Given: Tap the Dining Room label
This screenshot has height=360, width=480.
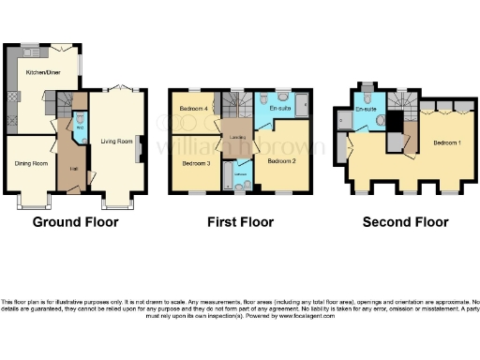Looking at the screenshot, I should click(x=30, y=163).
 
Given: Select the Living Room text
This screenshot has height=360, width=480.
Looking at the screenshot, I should click(x=116, y=142).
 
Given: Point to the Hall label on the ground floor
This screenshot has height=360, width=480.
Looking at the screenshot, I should click(x=72, y=169).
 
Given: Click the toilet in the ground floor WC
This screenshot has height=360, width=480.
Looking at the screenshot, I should click(x=79, y=119).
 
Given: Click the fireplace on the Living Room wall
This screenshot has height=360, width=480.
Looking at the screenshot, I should click(x=140, y=147).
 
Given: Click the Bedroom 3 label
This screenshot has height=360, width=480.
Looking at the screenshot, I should click(x=194, y=163).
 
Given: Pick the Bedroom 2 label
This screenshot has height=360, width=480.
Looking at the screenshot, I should click(x=281, y=161).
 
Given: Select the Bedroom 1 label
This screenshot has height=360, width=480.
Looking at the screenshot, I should click(x=445, y=142).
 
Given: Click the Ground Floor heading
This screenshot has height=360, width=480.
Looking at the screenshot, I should click(x=75, y=222).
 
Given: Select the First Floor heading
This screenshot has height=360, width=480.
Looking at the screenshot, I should click(x=240, y=222).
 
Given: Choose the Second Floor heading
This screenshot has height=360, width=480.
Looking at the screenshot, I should click(x=407, y=222).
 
